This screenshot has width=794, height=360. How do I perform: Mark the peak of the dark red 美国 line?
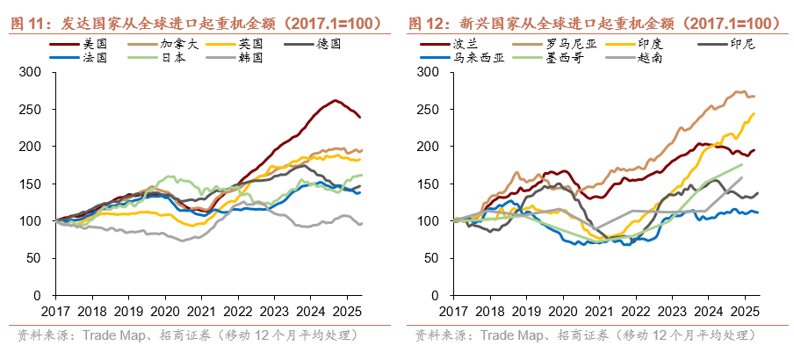[x=335, y=100]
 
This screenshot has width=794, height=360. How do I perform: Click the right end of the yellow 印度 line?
[x=754, y=112]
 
